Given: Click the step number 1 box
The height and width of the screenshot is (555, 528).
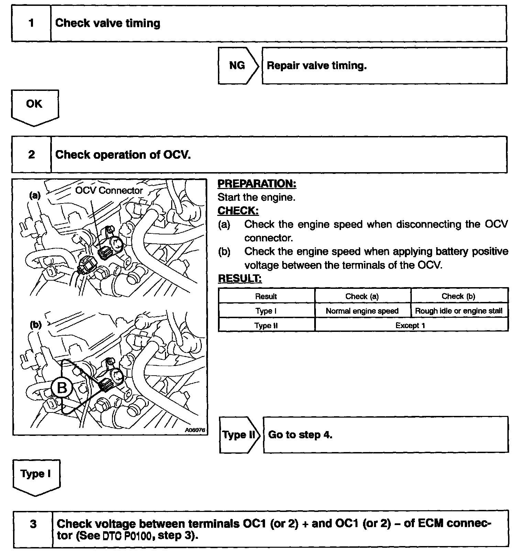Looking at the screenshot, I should [31, 23].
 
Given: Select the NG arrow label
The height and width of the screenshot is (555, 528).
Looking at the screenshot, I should [237, 65].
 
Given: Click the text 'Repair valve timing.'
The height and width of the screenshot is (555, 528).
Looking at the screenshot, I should [317, 65].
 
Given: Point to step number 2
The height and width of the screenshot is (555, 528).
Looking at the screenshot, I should [31, 155].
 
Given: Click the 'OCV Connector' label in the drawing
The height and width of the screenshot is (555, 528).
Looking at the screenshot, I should [109, 190].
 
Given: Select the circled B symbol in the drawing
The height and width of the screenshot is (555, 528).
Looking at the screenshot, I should [62, 388].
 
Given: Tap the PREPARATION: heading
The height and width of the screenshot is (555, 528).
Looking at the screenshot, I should [257, 184].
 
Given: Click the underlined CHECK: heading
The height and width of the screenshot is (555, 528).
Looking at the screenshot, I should [238, 211].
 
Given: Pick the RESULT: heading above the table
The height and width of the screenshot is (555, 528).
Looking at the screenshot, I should [240, 278].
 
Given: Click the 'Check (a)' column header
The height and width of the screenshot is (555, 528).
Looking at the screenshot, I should [362, 296].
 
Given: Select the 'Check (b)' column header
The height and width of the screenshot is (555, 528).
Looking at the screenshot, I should [458, 296].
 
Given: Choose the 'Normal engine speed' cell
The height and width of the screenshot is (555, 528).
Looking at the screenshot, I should [362, 311].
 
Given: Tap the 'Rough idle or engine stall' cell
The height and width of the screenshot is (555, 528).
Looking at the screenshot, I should [459, 311].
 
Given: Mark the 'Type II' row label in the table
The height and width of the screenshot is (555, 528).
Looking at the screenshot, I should [266, 325].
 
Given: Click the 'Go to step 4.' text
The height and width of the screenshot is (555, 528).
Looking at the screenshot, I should [300, 434].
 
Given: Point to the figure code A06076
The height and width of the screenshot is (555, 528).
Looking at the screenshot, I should [195, 430].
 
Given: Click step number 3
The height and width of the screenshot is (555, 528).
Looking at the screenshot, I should [33, 524].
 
